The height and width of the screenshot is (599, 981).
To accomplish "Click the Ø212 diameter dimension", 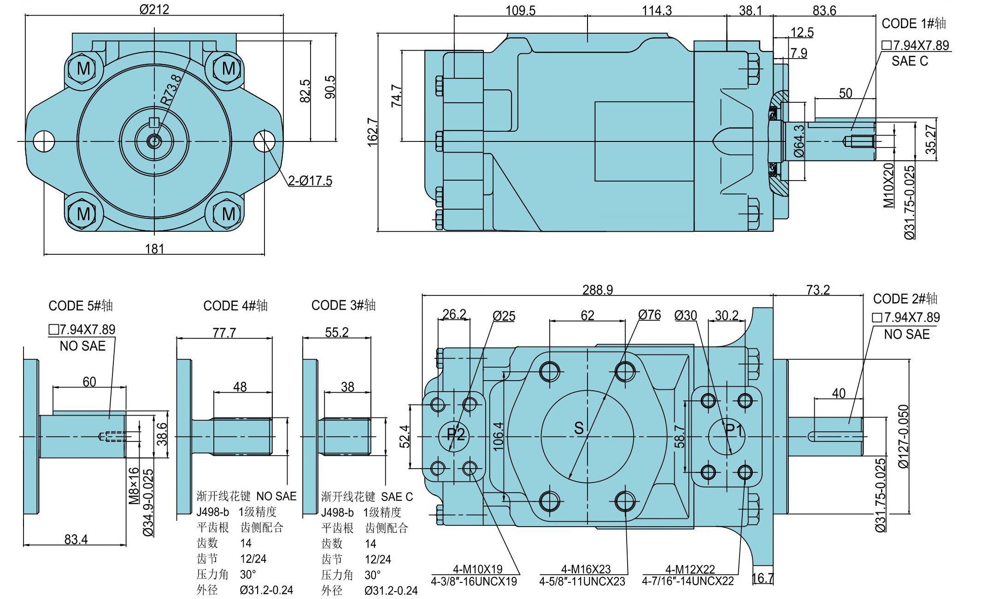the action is pos(154,9).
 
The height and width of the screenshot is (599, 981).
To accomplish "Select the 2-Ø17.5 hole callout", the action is pos(310,181).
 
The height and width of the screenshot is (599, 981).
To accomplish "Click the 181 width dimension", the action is pos(155,249).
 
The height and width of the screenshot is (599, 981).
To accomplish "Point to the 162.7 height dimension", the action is pos(372,132).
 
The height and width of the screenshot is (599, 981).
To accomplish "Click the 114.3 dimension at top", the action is pos(657,10).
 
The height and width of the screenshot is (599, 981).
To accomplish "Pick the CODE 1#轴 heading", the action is pos(914,23).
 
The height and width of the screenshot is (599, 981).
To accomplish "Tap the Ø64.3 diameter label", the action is pos(799,141).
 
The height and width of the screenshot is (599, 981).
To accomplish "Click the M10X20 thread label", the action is pos(888,185).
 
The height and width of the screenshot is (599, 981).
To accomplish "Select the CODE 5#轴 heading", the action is pos(81,305).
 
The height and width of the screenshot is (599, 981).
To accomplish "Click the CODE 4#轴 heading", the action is pos(235,305).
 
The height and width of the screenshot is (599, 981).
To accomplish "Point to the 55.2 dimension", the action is pos(337,332).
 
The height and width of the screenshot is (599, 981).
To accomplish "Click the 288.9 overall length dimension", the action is pos(598,289).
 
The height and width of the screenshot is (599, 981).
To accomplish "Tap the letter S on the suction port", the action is pos(579,429).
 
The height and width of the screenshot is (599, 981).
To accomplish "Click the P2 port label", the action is pos(456,434).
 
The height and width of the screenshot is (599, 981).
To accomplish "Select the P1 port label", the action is pos(734,430).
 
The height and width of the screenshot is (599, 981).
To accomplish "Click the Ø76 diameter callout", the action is pos(650,315).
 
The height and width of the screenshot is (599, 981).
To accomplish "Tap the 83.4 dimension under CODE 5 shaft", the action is pos(76,539).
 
